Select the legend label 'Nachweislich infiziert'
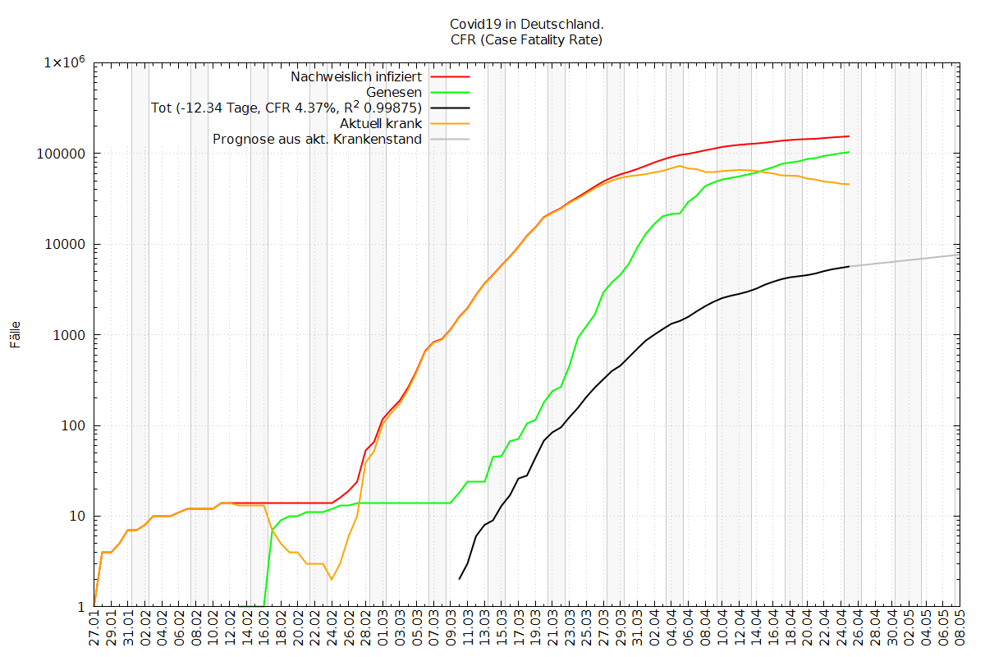356,76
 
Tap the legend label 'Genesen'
394,92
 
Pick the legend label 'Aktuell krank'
382,123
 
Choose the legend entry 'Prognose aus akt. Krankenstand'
317,139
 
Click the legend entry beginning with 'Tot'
286,108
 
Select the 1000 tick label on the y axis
71,335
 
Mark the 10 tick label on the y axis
78,517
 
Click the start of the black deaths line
459,579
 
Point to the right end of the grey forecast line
958,255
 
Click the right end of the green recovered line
849,152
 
